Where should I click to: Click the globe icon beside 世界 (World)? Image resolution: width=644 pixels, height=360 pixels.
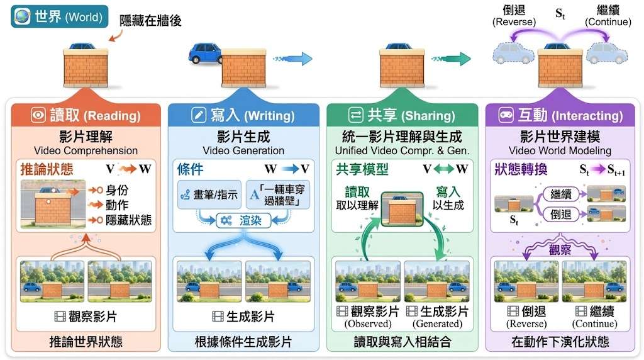[22, 16]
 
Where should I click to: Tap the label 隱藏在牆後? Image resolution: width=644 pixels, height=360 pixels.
[150, 21]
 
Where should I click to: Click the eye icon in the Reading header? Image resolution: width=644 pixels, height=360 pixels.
[38, 115]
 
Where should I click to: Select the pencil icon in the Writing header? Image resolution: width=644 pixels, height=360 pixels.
[199, 115]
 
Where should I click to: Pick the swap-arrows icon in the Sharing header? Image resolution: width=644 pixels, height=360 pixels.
[355, 115]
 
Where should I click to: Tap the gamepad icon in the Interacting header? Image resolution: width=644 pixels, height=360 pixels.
[506, 115]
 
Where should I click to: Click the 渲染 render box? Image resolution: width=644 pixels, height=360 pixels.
[243, 220]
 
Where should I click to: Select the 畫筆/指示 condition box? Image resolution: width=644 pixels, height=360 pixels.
[209, 195]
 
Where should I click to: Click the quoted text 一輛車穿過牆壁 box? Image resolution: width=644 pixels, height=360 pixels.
[278, 195]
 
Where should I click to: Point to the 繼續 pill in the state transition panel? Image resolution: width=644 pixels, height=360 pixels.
[560, 194]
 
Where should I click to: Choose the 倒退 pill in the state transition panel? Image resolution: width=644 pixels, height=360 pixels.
[560, 214]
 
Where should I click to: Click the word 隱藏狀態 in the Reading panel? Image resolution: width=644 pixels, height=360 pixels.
[128, 220]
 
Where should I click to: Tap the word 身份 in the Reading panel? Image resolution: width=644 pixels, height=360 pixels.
[117, 190]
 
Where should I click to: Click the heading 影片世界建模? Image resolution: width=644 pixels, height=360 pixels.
[560, 137]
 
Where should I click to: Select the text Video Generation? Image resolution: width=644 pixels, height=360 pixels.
[243, 150]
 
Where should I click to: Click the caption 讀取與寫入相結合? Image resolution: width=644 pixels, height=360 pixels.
[402, 342]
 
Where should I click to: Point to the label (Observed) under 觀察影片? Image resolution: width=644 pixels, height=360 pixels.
[367, 324]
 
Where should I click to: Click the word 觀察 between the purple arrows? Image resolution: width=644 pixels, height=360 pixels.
[560, 250]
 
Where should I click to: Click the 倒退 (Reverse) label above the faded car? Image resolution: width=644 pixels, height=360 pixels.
[514, 16]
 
